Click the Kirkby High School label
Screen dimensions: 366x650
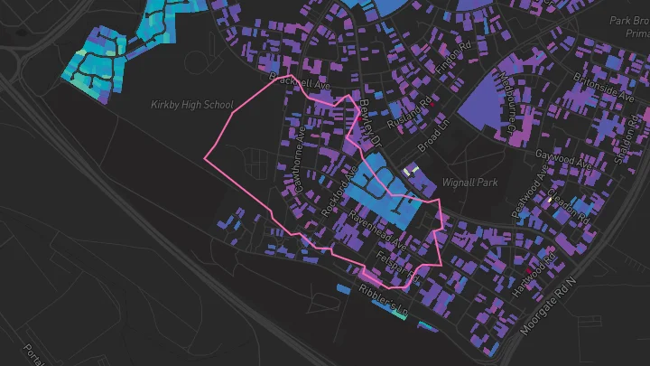(192, 105)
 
